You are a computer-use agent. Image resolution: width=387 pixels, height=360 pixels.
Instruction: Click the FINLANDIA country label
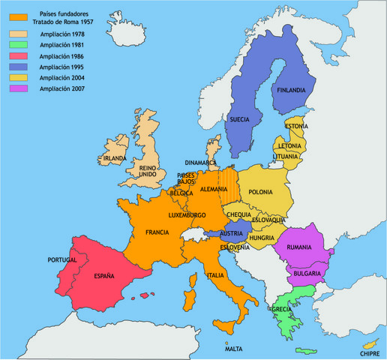click(291, 91)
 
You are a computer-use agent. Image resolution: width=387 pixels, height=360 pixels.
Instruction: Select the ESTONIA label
click(297, 127)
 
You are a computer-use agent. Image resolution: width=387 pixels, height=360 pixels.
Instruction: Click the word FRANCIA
click(157, 232)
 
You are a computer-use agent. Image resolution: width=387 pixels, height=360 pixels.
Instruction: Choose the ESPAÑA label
click(103, 276)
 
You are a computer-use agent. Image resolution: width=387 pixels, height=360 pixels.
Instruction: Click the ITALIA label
click(215, 275)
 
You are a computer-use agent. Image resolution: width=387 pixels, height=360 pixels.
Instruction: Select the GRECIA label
click(282, 309)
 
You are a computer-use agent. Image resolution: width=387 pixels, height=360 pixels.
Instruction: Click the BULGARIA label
click(307, 273)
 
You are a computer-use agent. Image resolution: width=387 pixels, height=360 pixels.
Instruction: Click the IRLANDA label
click(115, 159)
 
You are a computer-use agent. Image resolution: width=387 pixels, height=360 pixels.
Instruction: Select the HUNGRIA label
click(262, 238)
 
